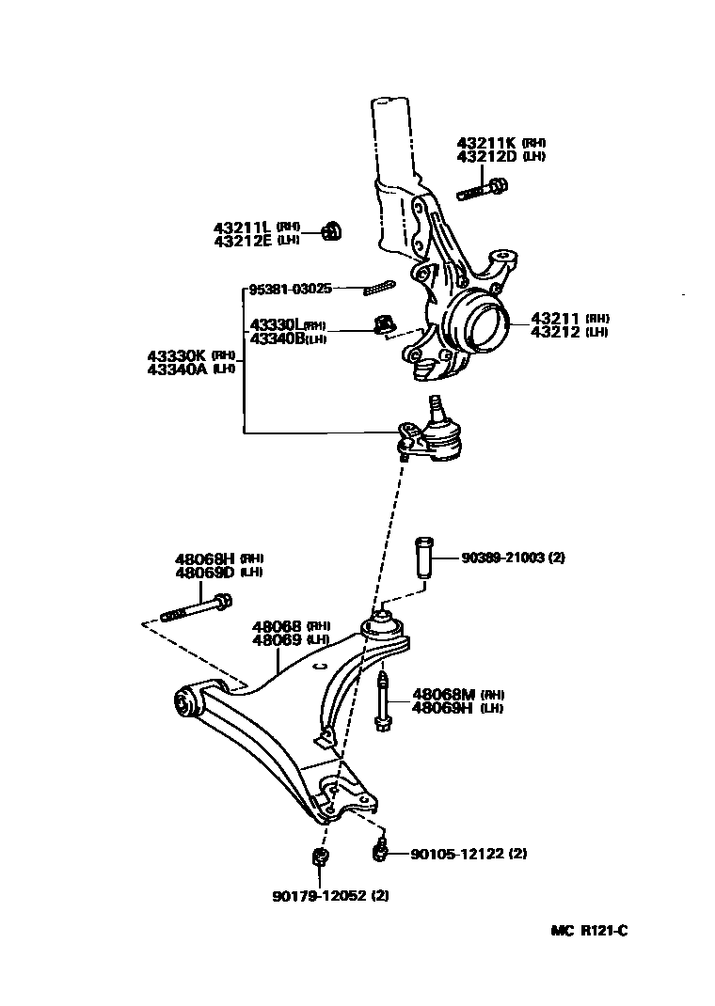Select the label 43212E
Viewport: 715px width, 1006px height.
(241, 241)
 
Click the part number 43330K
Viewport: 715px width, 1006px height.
(176, 355)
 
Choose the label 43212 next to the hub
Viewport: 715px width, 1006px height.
(557, 332)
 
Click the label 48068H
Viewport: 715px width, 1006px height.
(204, 558)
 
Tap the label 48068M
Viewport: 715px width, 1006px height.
(442, 694)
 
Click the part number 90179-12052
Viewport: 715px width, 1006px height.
(318, 895)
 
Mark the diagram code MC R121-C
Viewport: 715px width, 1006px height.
(589, 931)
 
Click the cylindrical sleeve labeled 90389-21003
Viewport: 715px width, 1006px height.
(422, 558)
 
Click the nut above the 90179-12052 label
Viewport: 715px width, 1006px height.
(319, 857)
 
